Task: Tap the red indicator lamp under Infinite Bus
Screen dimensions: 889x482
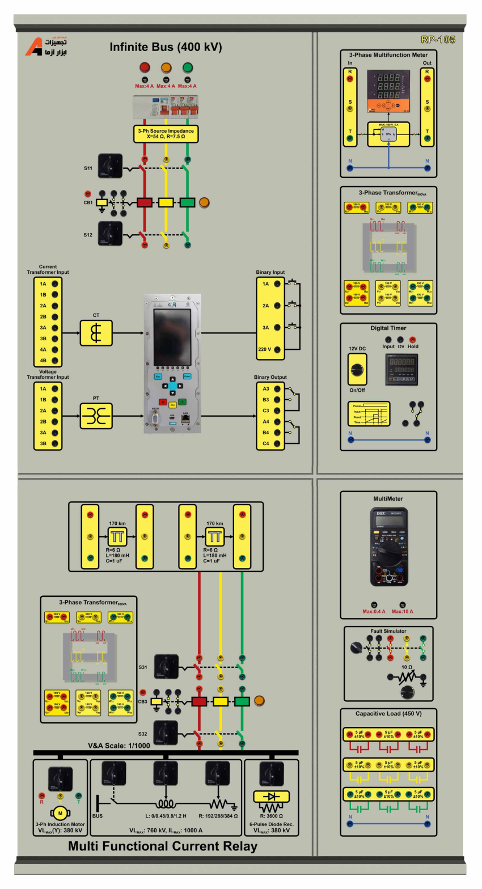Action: click(x=145, y=68)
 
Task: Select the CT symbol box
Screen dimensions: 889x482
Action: click(x=96, y=333)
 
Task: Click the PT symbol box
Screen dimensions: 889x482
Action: click(x=96, y=416)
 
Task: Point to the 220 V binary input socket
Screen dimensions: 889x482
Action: click(x=277, y=350)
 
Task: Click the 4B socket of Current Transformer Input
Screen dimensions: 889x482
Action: click(x=55, y=361)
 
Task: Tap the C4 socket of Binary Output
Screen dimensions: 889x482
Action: click(x=277, y=443)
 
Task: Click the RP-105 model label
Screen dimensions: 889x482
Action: click(x=438, y=40)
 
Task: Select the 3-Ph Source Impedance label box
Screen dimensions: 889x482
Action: click(x=166, y=134)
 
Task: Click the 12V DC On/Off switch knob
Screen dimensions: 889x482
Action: click(x=357, y=370)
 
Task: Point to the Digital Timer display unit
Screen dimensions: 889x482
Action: click(x=401, y=369)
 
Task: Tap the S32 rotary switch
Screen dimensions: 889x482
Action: click(x=166, y=733)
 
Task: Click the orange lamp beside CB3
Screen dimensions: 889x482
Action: click(x=259, y=701)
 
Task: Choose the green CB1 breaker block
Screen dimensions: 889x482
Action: click(x=187, y=202)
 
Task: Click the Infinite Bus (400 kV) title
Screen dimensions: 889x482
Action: click(x=166, y=48)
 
